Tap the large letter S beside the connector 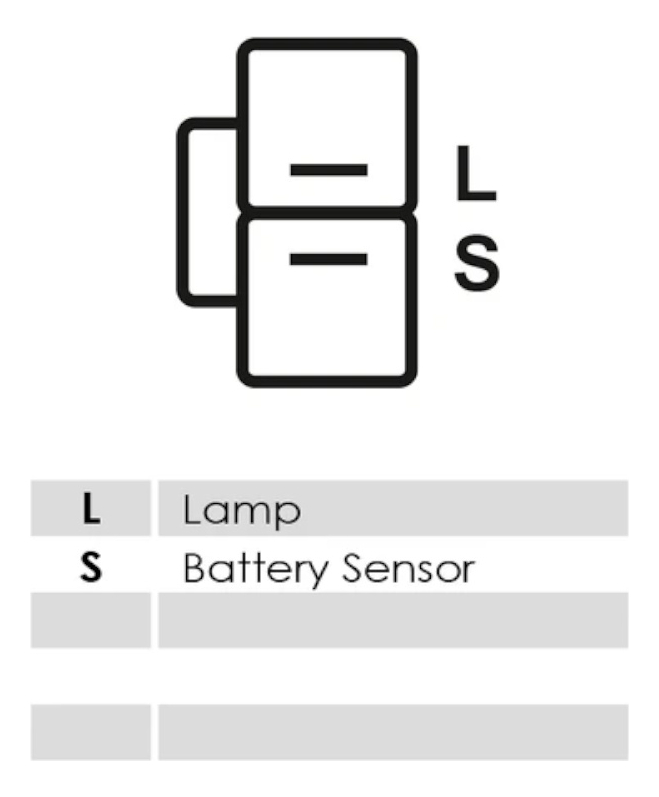476,262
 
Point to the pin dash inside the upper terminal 329,170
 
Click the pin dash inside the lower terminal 329,259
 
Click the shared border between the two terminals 327,212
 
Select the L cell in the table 91,509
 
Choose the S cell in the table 91,568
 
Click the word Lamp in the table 241,510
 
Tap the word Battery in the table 255,569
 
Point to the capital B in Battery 194,568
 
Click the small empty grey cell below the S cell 91,620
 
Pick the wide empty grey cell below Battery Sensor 392,620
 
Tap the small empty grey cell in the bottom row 91,732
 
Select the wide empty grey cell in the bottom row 392,732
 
